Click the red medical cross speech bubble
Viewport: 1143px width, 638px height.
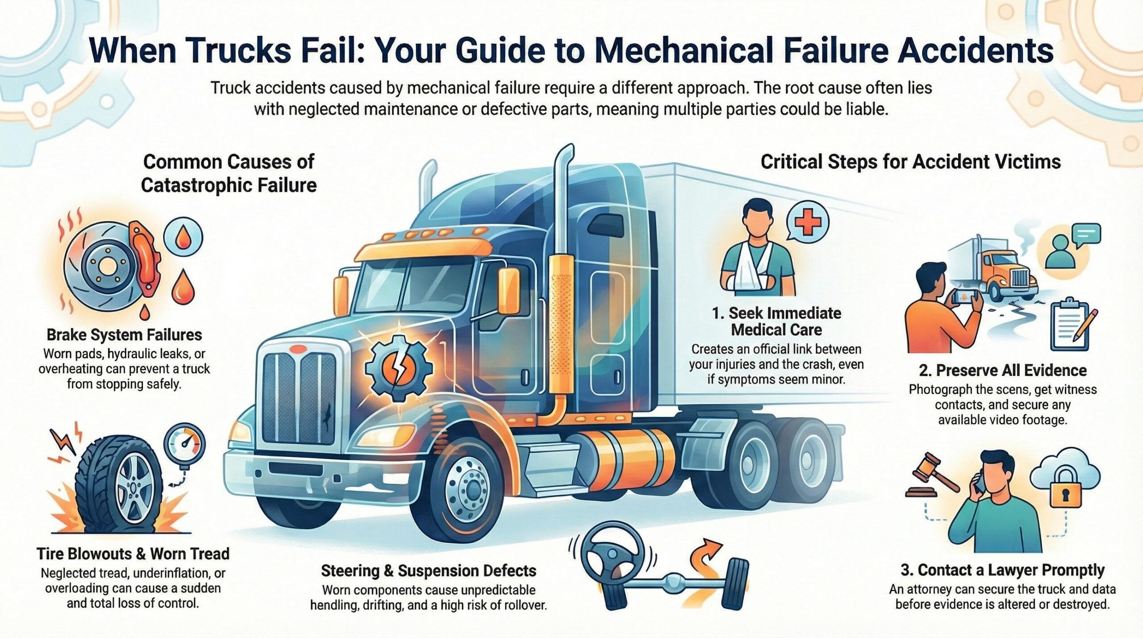tap(807, 223)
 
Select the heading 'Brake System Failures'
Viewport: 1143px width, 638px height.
tap(124, 335)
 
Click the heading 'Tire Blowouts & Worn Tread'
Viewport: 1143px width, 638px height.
tap(133, 554)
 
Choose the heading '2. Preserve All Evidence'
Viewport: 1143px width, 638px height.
tap(1002, 371)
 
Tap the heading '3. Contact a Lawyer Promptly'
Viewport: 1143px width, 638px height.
tap(1002, 570)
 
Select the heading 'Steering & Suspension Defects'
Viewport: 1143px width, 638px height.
tap(428, 571)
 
